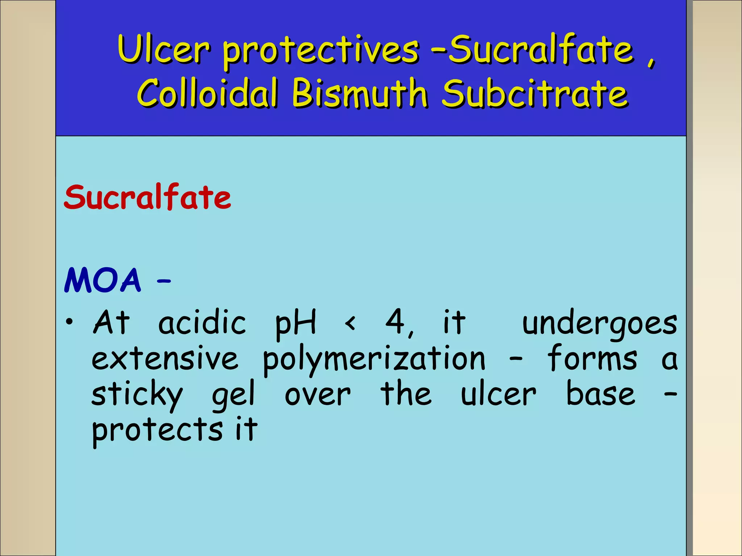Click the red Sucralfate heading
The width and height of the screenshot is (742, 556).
(147, 197)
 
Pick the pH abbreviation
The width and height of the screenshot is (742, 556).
(296, 323)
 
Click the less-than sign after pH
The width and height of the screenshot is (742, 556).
(350, 323)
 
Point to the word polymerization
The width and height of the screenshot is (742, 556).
(374, 360)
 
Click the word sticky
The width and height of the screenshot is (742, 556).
(137, 395)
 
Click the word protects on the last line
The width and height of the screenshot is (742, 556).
(157, 430)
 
